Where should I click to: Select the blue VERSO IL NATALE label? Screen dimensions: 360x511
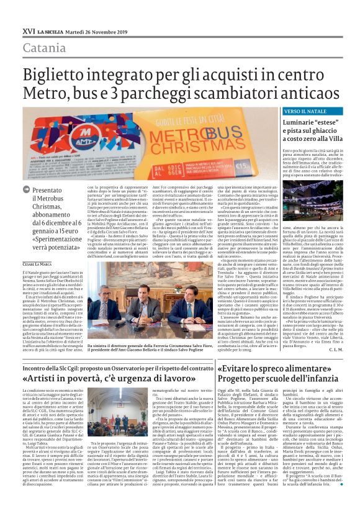tap(271, 111)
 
